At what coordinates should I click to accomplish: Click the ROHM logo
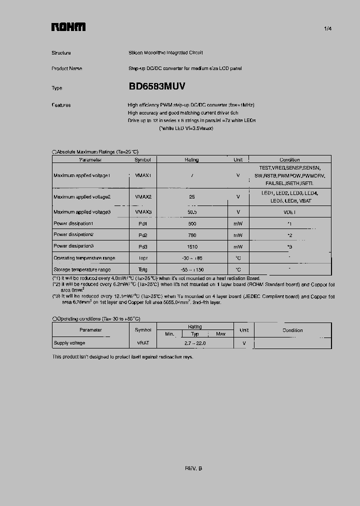click(x=68, y=27)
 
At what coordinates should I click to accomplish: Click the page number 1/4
click(x=327, y=29)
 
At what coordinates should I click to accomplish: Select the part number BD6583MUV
click(x=157, y=86)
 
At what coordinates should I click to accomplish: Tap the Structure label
click(x=61, y=52)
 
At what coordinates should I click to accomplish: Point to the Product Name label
click(x=66, y=68)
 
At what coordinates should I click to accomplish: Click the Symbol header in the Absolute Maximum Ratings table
click(x=142, y=160)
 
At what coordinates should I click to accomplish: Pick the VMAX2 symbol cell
click(x=143, y=197)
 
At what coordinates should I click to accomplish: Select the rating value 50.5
click(x=191, y=212)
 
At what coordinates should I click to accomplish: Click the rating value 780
click(x=191, y=235)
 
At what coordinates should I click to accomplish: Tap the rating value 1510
click(x=191, y=246)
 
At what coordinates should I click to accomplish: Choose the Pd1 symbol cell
click(x=143, y=223)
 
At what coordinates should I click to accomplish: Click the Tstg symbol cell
click(x=143, y=270)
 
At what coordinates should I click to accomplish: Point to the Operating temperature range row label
click(x=84, y=258)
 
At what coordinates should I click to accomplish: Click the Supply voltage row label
click(x=69, y=343)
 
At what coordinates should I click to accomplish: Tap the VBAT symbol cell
click(x=143, y=343)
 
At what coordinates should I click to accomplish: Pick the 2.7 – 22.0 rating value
click(x=195, y=343)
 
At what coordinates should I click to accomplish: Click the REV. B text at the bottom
click(x=193, y=468)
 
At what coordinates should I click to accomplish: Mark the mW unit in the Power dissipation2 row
click(x=238, y=235)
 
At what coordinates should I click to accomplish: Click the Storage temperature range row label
click(x=83, y=270)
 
